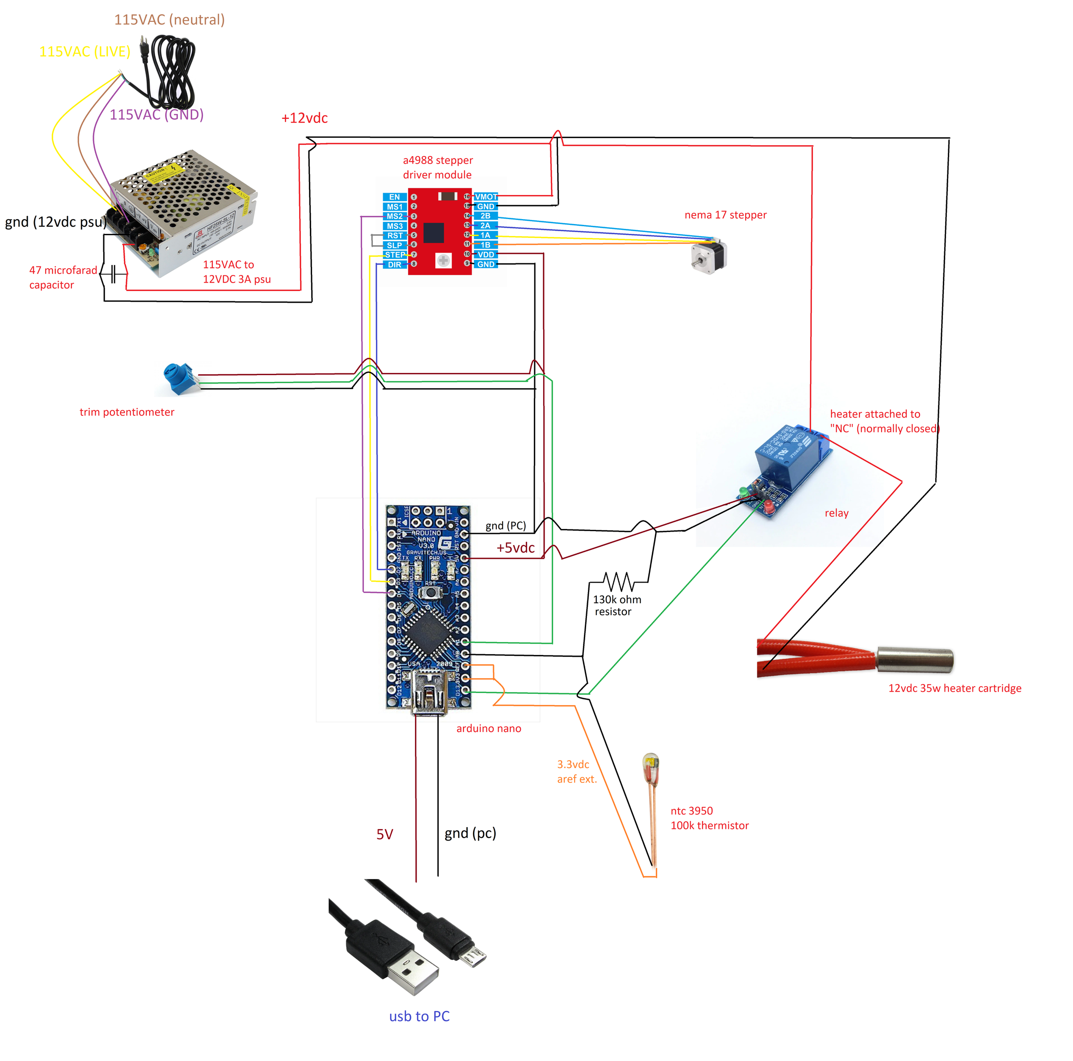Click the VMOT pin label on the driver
(486, 197)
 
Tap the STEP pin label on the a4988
(395, 254)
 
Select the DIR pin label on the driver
(394, 264)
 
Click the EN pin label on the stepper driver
(394, 197)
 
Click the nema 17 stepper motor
(709, 257)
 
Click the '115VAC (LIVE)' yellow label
(84, 52)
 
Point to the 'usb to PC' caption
(419, 1016)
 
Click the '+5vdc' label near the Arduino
(515, 548)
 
